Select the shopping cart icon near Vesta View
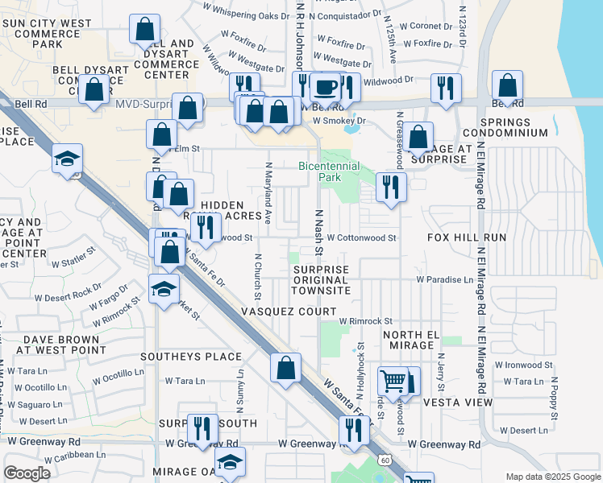[393, 382]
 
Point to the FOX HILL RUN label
[467, 238]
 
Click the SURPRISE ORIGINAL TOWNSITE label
[322, 279]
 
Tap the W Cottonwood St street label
[361, 238]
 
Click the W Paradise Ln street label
[445, 279]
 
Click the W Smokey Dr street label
[339, 121]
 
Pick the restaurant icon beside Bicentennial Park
[390, 188]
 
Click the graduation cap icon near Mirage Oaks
[231, 462]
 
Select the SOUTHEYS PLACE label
[191, 357]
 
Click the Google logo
[27, 473]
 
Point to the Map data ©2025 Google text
[552, 477]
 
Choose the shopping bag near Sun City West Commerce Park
[146, 29]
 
